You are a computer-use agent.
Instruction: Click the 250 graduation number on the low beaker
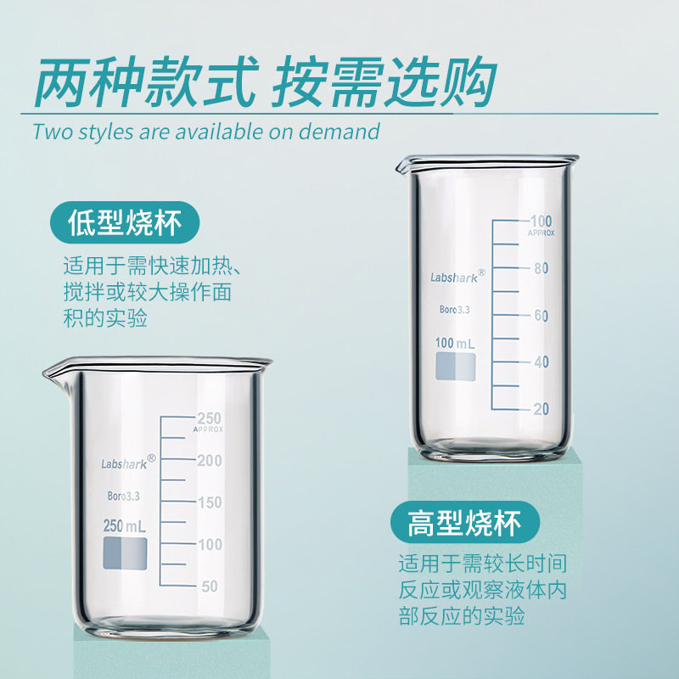(209, 418)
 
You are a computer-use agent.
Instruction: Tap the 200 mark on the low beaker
(209, 461)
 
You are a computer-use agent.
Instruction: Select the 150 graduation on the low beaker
(209, 502)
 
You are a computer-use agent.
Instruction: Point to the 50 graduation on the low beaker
(210, 586)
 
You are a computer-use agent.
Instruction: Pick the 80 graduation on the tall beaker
(541, 268)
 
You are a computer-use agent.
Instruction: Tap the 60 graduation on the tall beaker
(541, 316)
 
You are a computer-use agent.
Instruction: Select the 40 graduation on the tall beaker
(541, 362)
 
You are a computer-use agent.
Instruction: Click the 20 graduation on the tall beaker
(541, 409)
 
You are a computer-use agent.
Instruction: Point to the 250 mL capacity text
(125, 526)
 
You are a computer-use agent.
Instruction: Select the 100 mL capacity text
(455, 343)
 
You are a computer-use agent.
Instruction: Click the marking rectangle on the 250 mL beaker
(125, 554)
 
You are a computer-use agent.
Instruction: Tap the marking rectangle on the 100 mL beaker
(456, 366)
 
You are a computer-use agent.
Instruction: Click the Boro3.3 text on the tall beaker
(454, 311)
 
